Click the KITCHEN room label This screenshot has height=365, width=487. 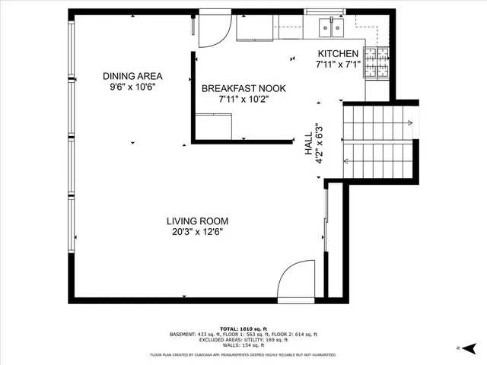pyautogui.click(x=338, y=53)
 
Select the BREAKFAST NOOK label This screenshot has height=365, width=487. pyautogui.click(x=235, y=88)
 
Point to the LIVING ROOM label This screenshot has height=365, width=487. pyautogui.click(x=198, y=221)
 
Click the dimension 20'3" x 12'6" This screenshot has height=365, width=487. pyautogui.click(x=198, y=232)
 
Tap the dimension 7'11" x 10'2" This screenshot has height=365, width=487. pyautogui.click(x=235, y=99)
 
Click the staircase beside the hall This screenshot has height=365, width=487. pyautogui.click(x=377, y=140)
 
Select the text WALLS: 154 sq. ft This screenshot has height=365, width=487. pyautogui.click(x=243, y=346)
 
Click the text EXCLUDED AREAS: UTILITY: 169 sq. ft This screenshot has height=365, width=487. pyautogui.click(x=243, y=340)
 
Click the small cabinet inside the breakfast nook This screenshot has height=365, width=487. pyautogui.click(x=214, y=125)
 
